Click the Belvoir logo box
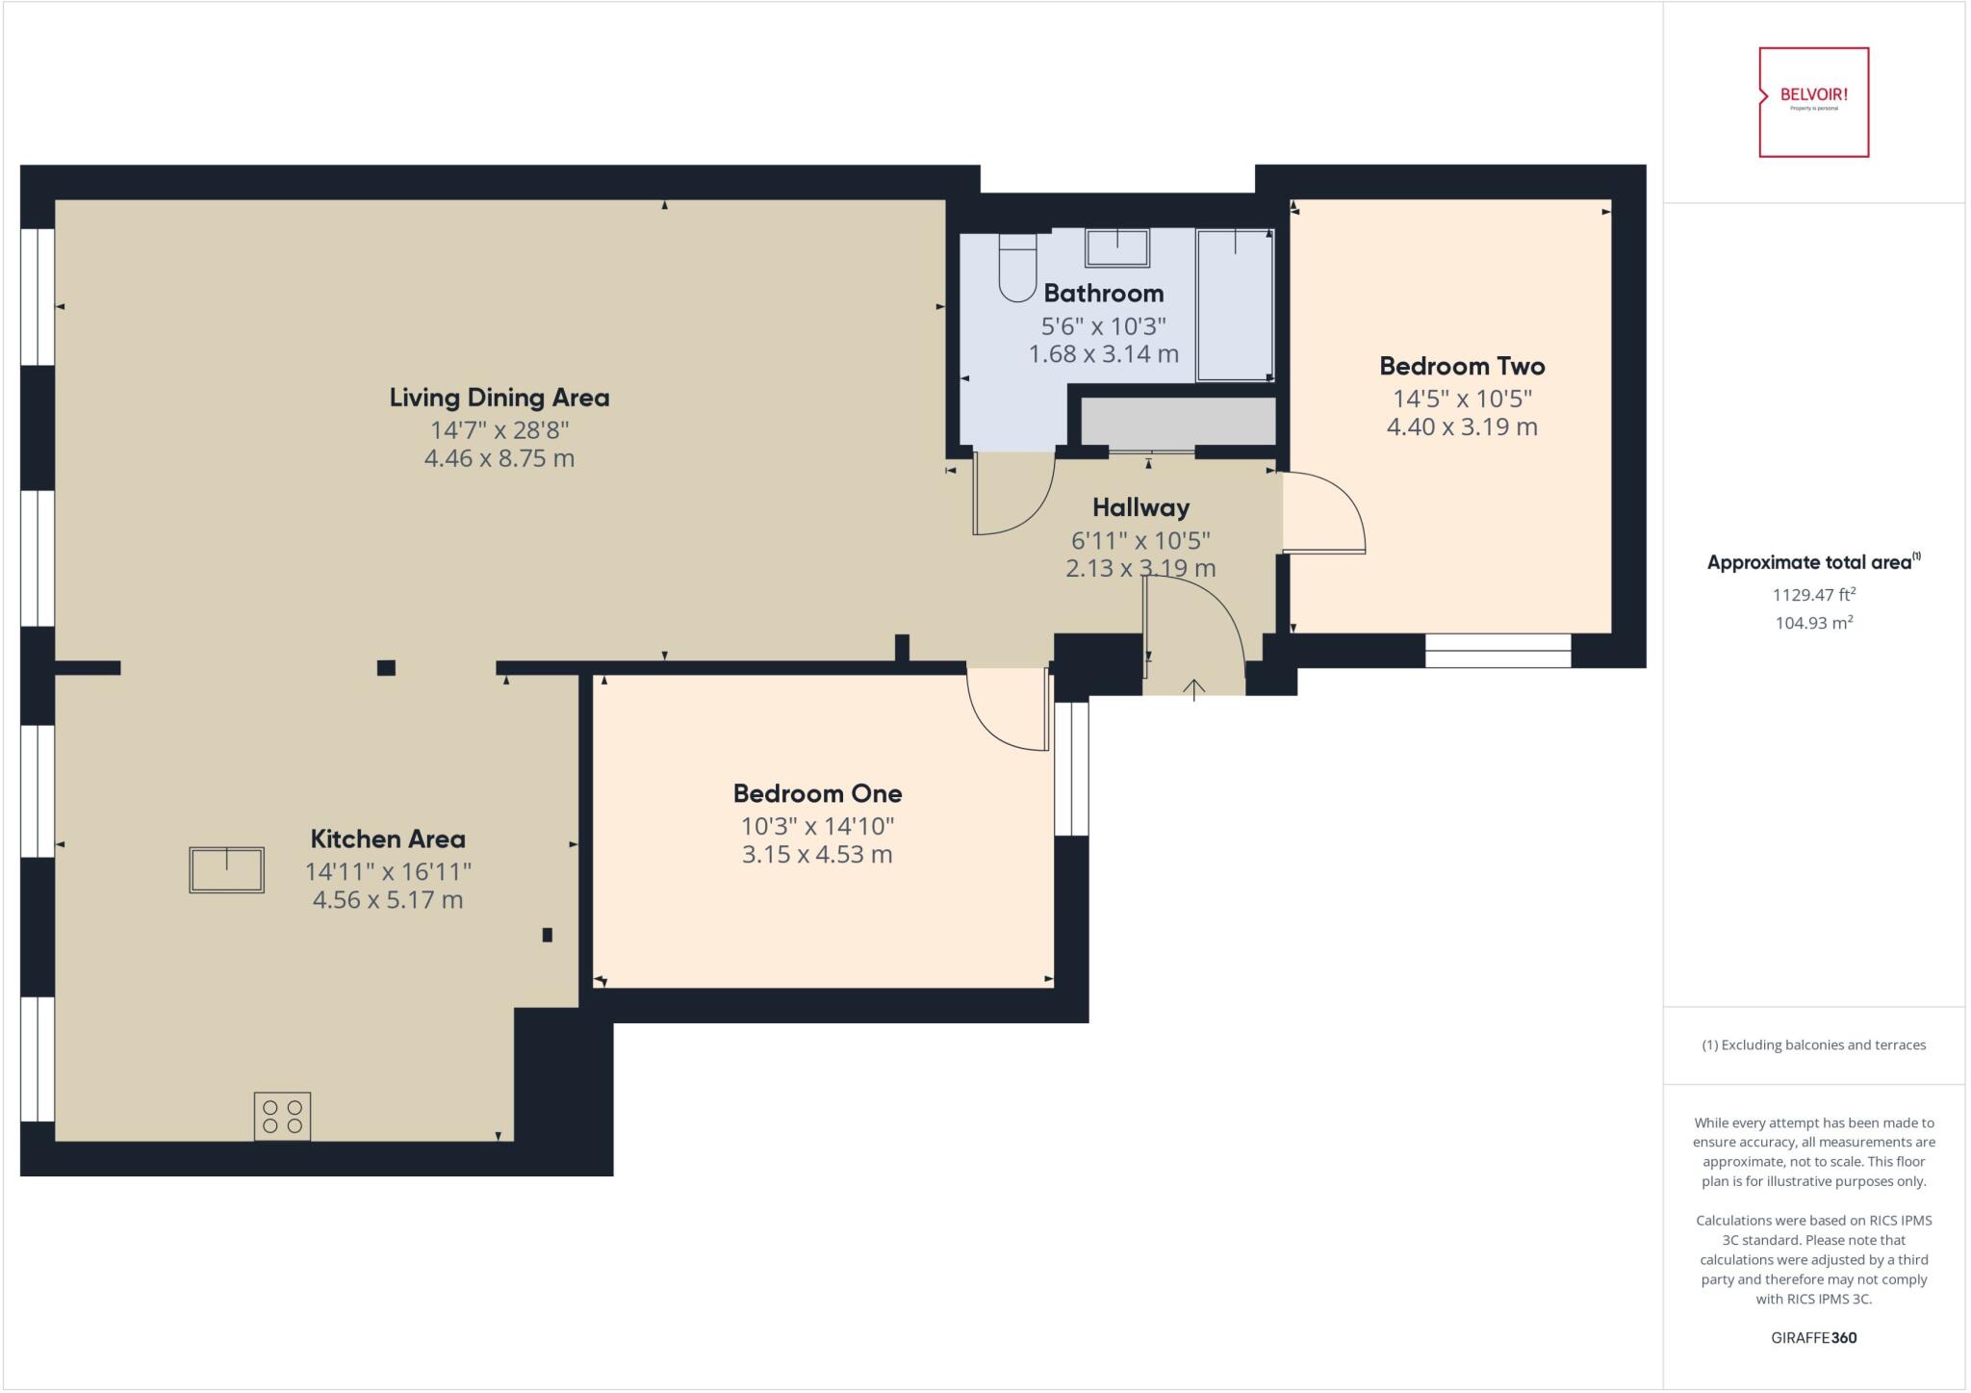(1813, 102)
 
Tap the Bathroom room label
(1103, 293)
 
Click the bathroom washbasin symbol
(1117, 247)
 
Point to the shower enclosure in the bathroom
(1235, 305)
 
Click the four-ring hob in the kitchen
(282, 1117)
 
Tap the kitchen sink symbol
(226, 870)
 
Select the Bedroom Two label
(1461, 366)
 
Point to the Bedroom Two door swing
(1324, 513)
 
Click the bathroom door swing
(1011, 495)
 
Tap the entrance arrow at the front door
(1193, 687)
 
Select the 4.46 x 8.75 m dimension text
(499, 458)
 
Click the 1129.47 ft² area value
(1813, 595)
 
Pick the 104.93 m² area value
(1813, 623)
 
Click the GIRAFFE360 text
(1813, 1337)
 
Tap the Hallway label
(1140, 507)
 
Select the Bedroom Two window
(1497, 651)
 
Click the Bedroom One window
(1071, 768)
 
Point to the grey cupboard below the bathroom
(1177, 422)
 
